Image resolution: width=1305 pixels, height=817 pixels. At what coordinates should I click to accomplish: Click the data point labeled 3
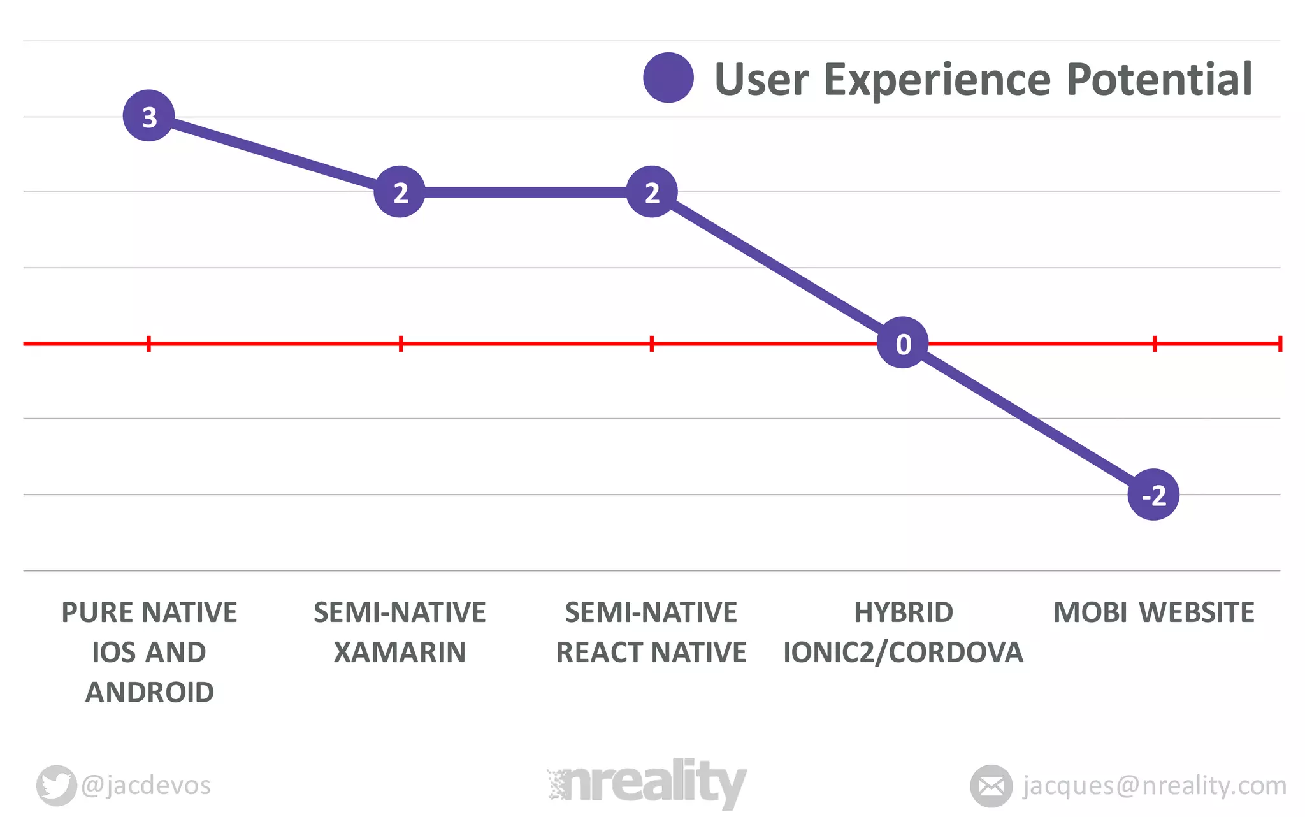[148, 116]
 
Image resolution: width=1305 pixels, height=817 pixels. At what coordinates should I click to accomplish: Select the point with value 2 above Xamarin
[400, 192]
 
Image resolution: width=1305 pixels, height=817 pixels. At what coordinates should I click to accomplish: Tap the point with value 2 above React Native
[651, 192]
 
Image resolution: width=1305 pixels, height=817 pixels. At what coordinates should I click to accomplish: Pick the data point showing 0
[902, 343]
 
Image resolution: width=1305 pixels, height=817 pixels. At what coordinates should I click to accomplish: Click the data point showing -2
[1153, 495]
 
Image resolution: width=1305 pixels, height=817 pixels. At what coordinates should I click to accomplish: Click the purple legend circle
[668, 78]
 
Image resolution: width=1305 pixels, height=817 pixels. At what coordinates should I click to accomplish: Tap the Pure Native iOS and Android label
[149, 652]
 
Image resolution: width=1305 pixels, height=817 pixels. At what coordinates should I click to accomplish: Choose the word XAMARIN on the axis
[400, 653]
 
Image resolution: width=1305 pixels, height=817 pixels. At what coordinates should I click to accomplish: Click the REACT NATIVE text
[651, 653]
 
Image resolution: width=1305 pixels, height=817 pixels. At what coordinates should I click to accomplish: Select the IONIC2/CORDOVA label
[903, 653]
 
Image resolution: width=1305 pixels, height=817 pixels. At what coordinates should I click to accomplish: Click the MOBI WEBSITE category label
[1153, 612]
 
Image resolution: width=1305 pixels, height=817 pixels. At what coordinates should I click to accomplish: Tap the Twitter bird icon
[56, 784]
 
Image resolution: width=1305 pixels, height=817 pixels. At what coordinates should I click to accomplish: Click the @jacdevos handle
[146, 785]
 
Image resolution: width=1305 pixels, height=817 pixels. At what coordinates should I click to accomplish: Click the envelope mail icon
[991, 786]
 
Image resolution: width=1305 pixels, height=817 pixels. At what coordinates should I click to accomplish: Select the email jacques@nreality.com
[1154, 785]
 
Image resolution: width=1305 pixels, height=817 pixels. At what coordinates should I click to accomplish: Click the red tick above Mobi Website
[1155, 344]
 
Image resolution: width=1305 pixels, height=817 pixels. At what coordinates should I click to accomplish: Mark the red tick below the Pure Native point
[148, 344]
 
